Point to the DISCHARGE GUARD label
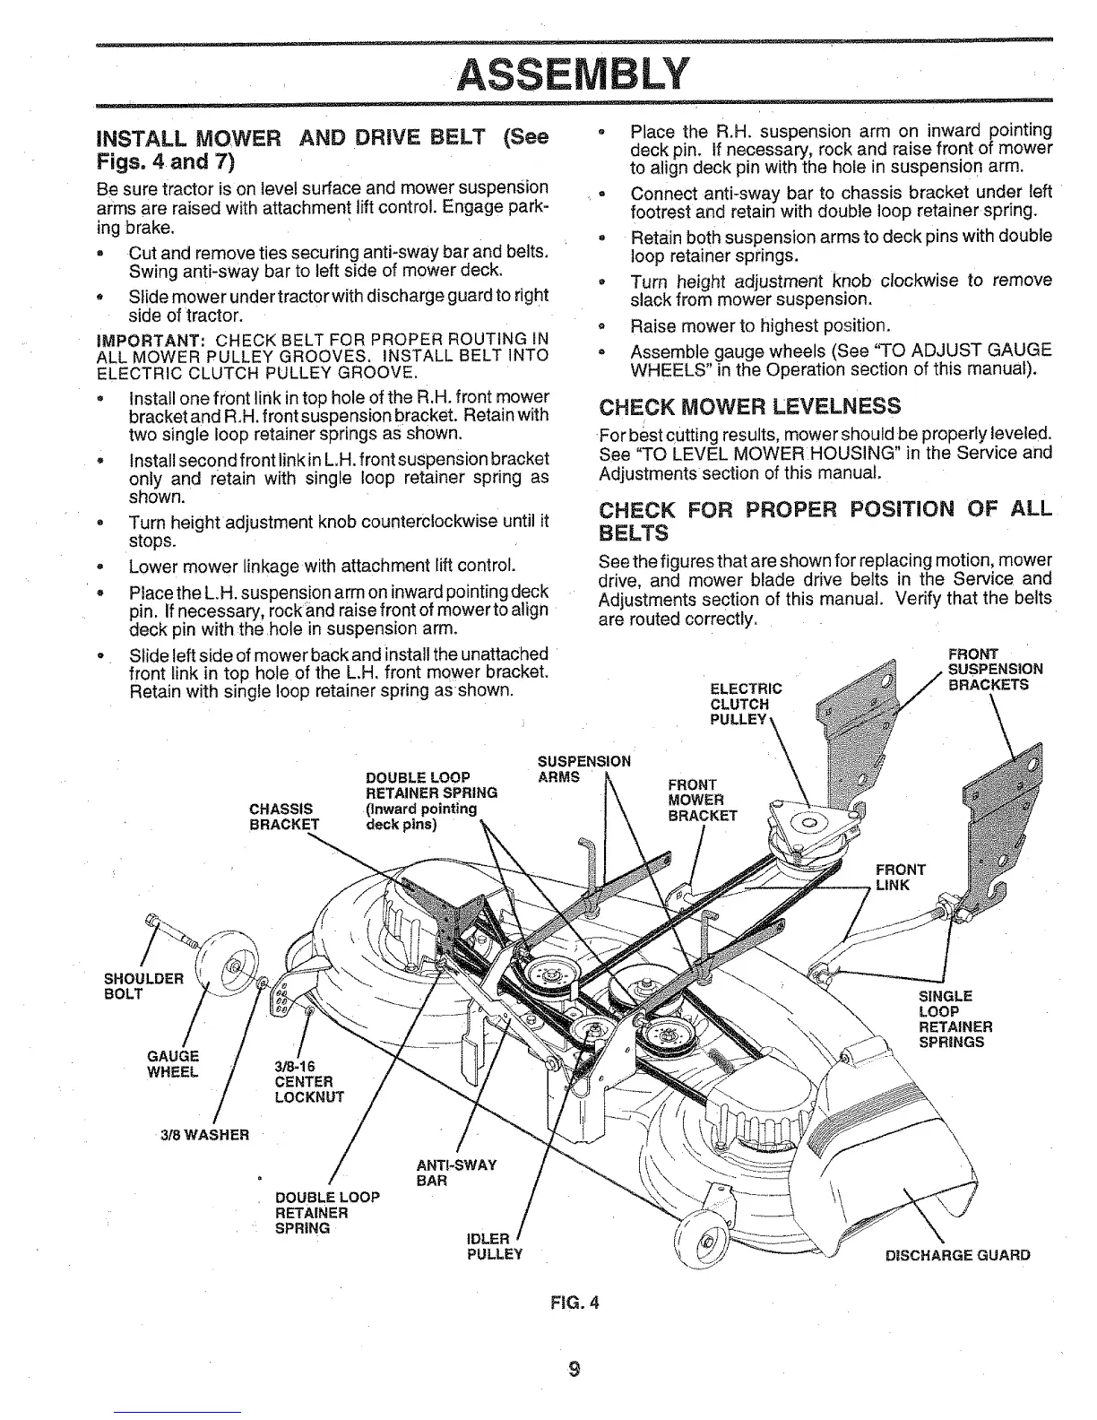pyautogui.click(x=957, y=1255)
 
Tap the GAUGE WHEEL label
pyautogui.click(x=173, y=1063)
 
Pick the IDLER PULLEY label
pyautogui.click(x=494, y=1246)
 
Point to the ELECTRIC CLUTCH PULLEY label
pyautogui.click(x=745, y=704)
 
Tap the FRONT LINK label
pyautogui.click(x=900, y=877)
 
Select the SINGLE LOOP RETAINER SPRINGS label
pyautogui.click(x=955, y=1019)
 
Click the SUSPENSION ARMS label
pyautogui.click(x=583, y=769)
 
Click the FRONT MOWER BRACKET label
pyautogui.click(x=703, y=800)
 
